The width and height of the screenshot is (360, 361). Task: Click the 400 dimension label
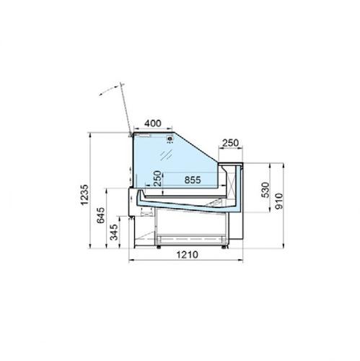pyautogui.click(x=153, y=123)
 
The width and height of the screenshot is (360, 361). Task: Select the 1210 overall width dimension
pyautogui.click(x=188, y=255)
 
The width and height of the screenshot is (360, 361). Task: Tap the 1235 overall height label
pyautogui.click(x=84, y=195)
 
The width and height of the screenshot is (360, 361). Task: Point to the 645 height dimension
pyautogui.click(x=101, y=215)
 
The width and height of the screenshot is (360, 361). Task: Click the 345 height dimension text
pyautogui.click(x=114, y=232)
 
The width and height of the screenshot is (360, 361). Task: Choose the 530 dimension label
pyautogui.click(x=265, y=190)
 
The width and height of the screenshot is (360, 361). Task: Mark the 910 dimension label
pyautogui.click(x=279, y=201)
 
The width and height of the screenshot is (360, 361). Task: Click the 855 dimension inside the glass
pyautogui.click(x=193, y=180)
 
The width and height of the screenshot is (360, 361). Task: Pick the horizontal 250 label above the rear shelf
pyautogui.click(x=230, y=143)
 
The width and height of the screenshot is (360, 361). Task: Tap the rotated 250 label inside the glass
pyautogui.click(x=157, y=178)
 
